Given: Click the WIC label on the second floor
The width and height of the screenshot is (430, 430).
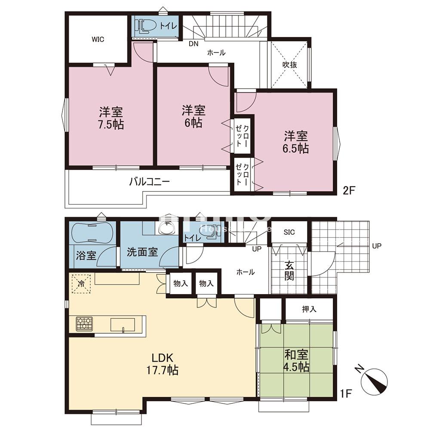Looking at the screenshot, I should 98,39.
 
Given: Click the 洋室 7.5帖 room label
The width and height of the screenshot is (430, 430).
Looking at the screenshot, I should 111,118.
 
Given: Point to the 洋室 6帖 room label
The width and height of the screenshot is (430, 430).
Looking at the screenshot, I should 193,116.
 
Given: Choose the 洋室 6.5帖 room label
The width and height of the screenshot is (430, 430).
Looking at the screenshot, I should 295,142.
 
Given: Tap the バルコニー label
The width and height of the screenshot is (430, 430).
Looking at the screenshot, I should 150,181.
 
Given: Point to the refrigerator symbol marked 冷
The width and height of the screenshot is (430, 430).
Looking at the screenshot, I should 81,284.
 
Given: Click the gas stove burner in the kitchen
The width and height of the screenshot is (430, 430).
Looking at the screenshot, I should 84,323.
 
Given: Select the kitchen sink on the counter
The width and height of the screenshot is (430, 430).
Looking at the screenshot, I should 123,324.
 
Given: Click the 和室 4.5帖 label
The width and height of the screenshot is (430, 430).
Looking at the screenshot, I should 296,361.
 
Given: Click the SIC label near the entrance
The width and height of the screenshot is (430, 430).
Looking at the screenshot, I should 289,232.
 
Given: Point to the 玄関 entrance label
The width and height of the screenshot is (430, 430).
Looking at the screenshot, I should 289,271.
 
